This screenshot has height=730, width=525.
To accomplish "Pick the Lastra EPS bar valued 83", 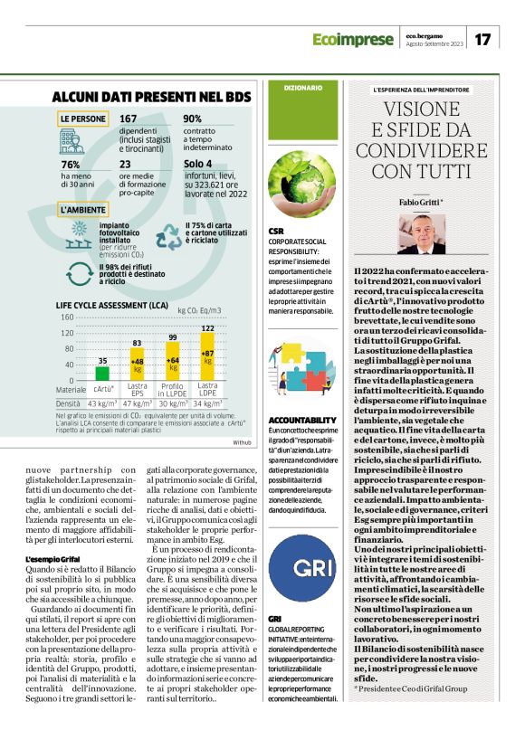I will (x=138, y=364).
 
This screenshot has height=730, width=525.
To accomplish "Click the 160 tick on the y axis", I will (x=67, y=317).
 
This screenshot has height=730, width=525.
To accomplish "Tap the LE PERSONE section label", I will (x=82, y=119).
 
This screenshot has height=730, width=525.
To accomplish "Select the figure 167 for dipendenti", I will (x=129, y=119).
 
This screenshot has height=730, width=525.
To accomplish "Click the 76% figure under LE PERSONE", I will (x=70, y=165).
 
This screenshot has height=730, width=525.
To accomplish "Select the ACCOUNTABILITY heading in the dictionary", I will (x=302, y=421).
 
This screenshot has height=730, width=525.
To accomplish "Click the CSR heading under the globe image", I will (x=276, y=232).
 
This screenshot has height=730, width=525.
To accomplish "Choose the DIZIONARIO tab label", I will (x=302, y=88).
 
